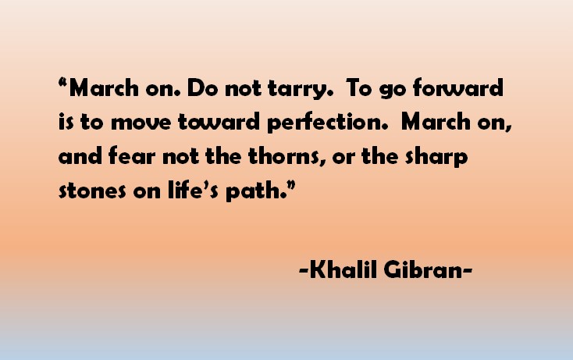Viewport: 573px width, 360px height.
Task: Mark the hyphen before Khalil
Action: click(303, 273)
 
